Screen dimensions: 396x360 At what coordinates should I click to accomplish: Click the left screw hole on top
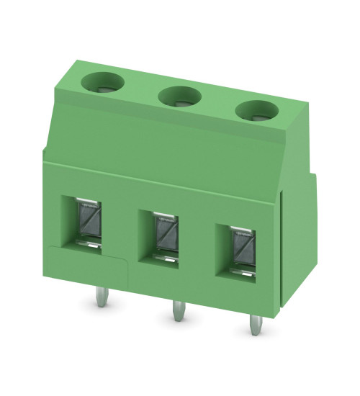[102, 84]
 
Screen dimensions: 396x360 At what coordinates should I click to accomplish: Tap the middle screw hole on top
[179, 95]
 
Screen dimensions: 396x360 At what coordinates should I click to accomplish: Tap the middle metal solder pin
[176, 310]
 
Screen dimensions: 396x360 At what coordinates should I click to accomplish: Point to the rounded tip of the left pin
[99, 305]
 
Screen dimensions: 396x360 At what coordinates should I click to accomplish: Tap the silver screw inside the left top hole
[102, 86]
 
